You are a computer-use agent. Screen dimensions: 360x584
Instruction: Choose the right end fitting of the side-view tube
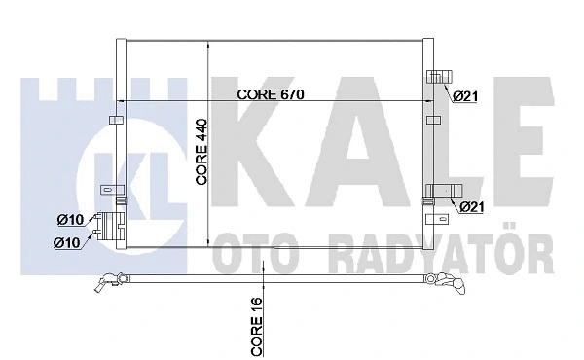[x=447, y=283]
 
